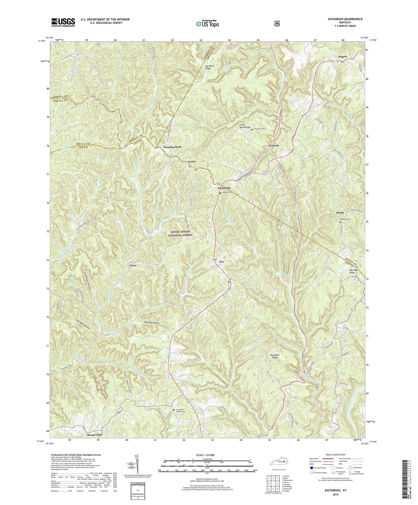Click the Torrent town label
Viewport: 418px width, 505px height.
(x=274, y=146)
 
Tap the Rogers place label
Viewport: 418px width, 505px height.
(x=342, y=57)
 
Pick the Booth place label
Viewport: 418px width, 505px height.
(x=340, y=213)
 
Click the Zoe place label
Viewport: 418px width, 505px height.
(x=222, y=262)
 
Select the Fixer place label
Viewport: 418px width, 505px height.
(x=133, y=265)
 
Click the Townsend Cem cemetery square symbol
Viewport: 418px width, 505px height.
(x=252, y=130)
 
